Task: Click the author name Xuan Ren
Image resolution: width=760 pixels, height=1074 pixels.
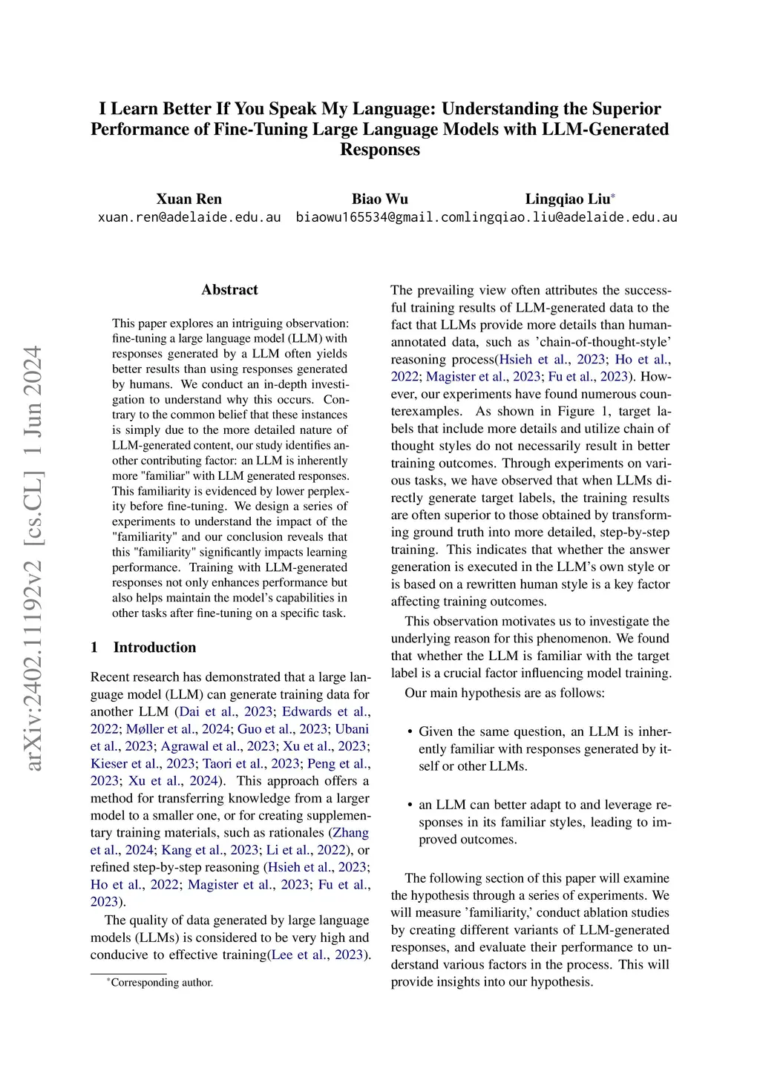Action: pos(189,199)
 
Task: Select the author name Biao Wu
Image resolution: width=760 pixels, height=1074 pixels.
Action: pos(379,199)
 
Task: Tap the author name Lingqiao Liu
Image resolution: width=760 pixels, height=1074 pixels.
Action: pos(567,199)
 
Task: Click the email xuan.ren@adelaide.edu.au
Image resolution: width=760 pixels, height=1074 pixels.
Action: pos(189,217)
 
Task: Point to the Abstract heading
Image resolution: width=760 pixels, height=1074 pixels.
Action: pos(229,290)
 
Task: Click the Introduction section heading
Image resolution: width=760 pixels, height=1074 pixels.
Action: pos(154,648)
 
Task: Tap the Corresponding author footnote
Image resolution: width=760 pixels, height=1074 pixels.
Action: pos(161,983)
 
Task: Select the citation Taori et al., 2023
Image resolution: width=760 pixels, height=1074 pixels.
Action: pos(252,763)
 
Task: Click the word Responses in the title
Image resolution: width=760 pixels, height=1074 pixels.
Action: pos(379,150)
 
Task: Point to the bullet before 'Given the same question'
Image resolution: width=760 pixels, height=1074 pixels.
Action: pos(410,732)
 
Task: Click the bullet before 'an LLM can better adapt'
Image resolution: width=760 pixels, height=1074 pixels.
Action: pos(410,805)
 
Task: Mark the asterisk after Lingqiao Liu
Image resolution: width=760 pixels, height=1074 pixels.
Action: pos(613,197)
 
